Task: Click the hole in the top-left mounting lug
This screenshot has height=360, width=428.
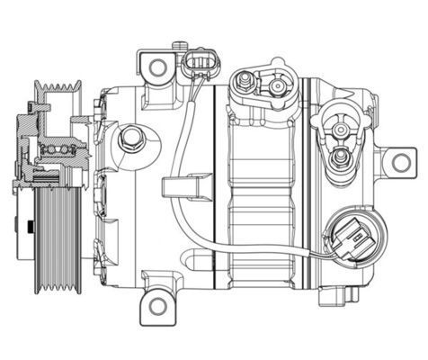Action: pyautogui.click(x=157, y=66)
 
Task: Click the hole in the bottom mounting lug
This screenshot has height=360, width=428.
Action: pyautogui.click(x=158, y=305)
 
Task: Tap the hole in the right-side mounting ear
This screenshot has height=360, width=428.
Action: pyautogui.click(x=397, y=163)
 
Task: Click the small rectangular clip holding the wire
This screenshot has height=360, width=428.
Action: pyautogui.click(x=179, y=189)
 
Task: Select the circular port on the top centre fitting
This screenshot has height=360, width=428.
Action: pyautogui.click(x=274, y=87)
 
